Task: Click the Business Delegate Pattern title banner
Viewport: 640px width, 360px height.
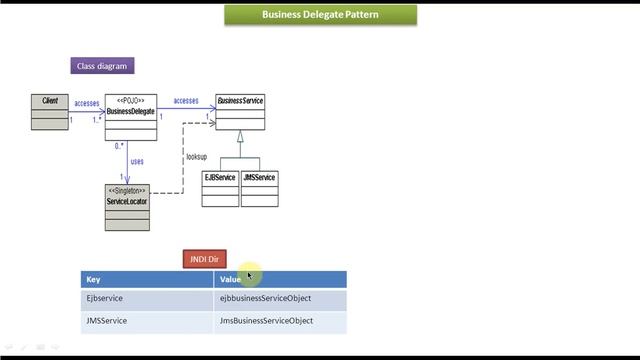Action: click(320, 15)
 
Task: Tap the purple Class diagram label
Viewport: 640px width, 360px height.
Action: click(101, 66)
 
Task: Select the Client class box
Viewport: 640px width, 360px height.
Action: click(50, 112)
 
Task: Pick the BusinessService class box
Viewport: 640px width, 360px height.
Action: click(240, 112)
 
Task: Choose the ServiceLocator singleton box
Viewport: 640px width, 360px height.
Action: click(127, 206)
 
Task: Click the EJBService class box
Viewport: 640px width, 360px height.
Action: click(220, 189)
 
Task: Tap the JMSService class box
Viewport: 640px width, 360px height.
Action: click(259, 189)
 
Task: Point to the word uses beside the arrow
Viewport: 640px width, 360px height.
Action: click(137, 161)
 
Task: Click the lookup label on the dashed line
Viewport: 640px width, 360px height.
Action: click(196, 157)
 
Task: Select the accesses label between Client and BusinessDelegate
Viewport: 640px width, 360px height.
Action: click(87, 103)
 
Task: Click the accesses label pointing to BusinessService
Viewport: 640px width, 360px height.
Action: click(186, 100)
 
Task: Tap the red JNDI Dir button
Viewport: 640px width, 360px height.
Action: click(205, 259)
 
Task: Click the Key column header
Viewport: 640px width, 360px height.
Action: click(146, 280)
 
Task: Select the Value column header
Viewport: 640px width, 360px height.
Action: click(280, 280)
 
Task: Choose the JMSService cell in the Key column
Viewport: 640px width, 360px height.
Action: click(146, 321)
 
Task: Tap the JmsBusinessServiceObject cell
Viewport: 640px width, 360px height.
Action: click(280, 321)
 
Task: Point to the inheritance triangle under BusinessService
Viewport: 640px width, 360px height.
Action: click(240, 137)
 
